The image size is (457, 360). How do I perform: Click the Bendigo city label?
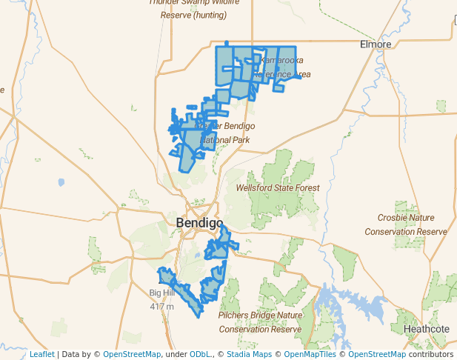[x=199, y=222]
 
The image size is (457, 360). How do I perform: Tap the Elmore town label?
[x=375, y=44]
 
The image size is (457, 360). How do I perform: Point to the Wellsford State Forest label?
[x=278, y=188]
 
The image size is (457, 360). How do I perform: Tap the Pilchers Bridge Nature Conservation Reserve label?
[x=260, y=321]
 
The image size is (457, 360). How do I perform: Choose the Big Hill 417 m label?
[x=161, y=299]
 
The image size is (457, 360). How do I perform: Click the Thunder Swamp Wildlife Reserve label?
[x=194, y=8]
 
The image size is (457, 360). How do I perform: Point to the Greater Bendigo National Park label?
[x=224, y=133]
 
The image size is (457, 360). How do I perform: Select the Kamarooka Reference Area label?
[x=281, y=67]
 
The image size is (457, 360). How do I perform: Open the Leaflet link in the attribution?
[x=41, y=355]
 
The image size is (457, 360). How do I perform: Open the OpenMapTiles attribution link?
[x=311, y=355]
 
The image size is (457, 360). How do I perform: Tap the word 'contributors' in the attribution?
[x=431, y=355]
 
